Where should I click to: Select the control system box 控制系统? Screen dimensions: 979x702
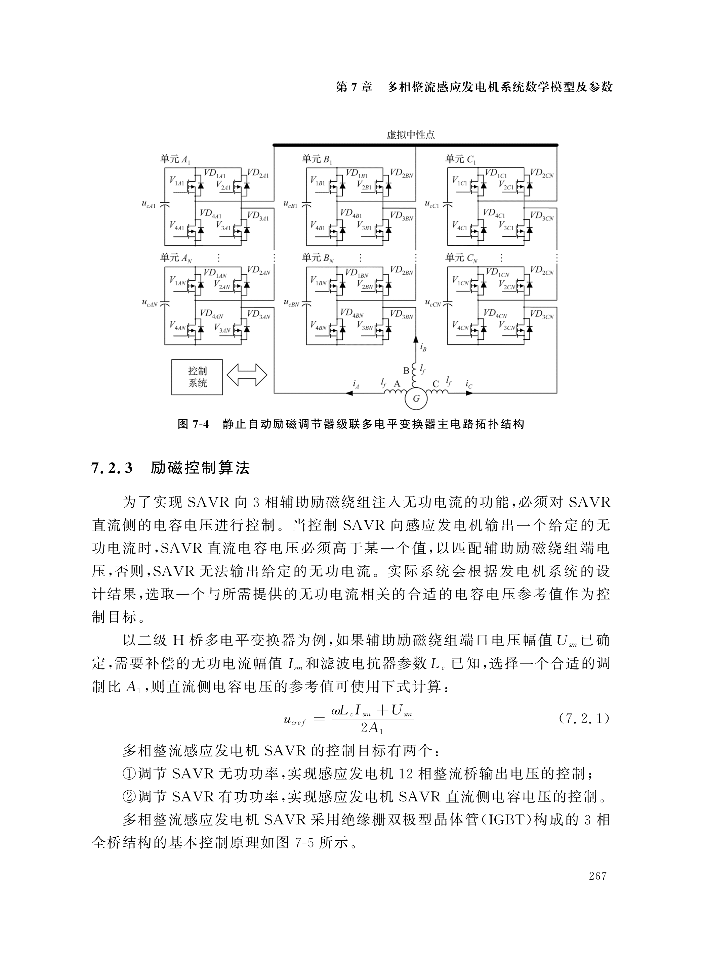pyautogui.click(x=197, y=377)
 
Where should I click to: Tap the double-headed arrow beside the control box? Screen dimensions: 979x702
pyautogui.click(x=247, y=375)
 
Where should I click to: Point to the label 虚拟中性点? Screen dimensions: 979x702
pyautogui.click(x=410, y=135)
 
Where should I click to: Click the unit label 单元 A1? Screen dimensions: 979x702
pyautogui.click(x=175, y=159)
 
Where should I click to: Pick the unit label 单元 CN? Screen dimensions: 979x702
pyautogui.click(x=461, y=258)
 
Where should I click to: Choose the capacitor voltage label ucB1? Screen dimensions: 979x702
pyautogui.click(x=290, y=204)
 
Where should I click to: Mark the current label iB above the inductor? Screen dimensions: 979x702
pyautogui.click(x=423, y=346)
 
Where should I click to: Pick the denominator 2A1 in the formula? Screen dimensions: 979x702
pyautogui.click(x=372, y=729)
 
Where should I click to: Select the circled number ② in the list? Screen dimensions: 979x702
pyautogui.click(x=129, y=796)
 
